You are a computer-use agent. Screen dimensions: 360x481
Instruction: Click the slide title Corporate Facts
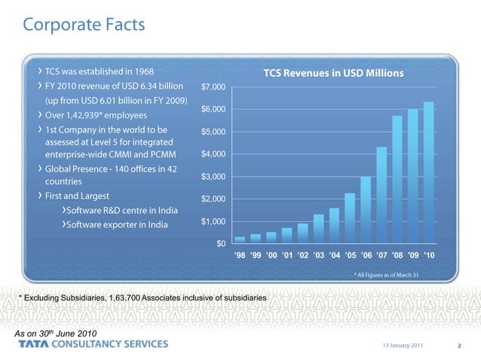click(x=83, y=25)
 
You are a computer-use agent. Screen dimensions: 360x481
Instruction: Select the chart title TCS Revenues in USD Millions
click(x=333, y=73)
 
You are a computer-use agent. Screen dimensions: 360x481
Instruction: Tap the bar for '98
click(x=240, y=239)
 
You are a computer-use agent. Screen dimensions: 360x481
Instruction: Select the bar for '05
click(x=350, y=218)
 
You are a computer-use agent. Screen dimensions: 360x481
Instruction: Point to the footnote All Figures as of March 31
click(x=386, y=274)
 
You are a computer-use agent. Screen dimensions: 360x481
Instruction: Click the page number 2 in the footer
click(x=458, y=346)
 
